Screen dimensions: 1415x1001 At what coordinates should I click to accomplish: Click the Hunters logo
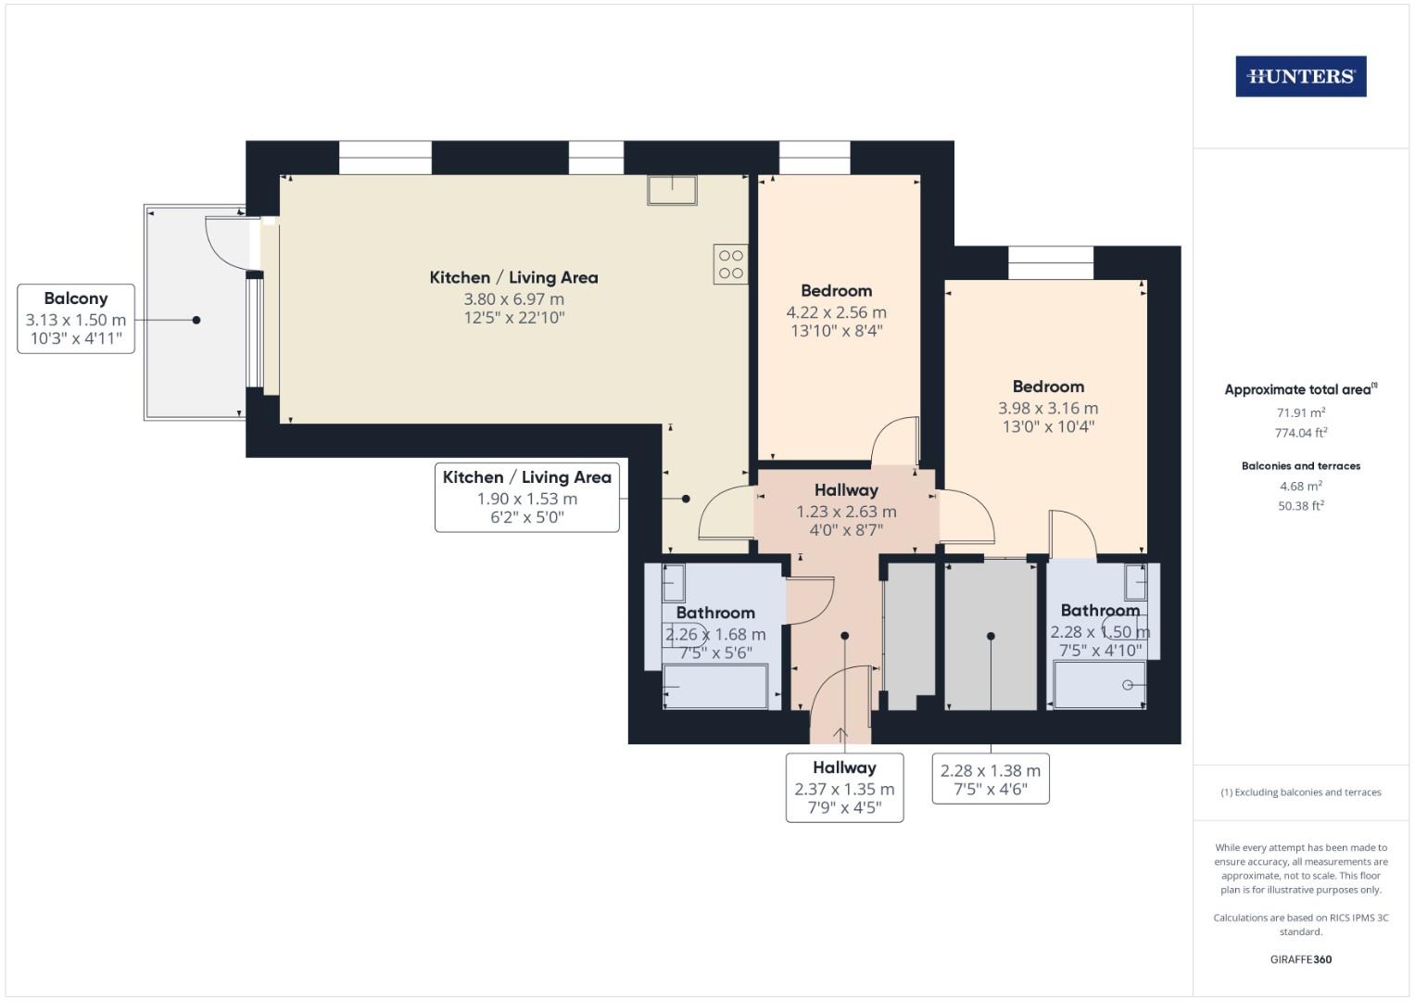pos(1301,76)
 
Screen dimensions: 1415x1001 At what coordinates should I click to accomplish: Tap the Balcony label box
pos(76,319)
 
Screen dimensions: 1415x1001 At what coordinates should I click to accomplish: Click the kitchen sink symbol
pos(672,190)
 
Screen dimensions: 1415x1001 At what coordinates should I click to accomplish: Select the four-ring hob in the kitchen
pos(731,264)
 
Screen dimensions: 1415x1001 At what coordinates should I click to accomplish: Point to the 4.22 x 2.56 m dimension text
pos(837,312)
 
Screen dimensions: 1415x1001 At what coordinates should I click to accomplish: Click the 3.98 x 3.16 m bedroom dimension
pos(1048,408)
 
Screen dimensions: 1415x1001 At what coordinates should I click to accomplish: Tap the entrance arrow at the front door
pos(840,735)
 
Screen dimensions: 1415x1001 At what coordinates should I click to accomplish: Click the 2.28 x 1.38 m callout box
pos(991,779)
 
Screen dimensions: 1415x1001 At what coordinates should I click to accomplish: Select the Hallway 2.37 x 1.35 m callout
pos(844,788)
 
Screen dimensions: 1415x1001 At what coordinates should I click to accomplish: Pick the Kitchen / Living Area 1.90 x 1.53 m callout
pos(527,498)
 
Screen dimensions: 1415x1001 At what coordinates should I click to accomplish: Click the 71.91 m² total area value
pos(1301,412)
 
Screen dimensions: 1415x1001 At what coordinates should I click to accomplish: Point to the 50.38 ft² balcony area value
pos(1301,505)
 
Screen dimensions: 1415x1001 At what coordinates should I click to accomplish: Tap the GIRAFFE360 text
pos(1301,959)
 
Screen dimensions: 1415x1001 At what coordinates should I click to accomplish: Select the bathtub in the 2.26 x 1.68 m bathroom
pos(715,686)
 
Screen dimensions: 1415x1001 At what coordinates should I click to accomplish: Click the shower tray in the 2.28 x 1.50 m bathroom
pos(1100,685)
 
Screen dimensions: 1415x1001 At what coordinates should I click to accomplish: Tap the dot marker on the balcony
pos(196,321)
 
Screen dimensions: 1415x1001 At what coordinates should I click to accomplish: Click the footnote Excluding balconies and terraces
pos(1301,792)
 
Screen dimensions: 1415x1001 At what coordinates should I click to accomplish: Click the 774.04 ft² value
pos(1301,433)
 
